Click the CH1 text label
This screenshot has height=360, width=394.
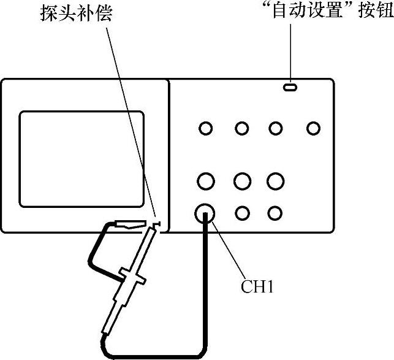255,286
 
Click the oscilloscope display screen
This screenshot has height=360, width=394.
81,158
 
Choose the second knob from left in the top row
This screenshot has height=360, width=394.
242,128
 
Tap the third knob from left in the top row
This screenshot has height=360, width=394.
276,128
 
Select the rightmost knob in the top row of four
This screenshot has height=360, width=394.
314,128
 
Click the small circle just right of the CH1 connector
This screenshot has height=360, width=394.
243,213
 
